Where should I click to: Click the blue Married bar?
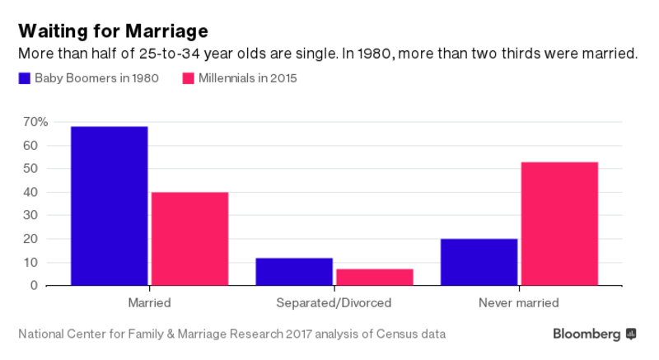click(110, 206)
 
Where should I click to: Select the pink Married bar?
click(189, 239)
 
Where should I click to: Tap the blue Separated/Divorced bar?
click(294, 272)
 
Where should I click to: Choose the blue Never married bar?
click(479, 262)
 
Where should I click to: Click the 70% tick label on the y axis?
click(35, 122)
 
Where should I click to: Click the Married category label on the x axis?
click(149, 303)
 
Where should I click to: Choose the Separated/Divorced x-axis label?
click(334, 303)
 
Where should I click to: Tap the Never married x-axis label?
click(518, 303)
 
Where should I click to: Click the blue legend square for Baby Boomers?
click(24, 79)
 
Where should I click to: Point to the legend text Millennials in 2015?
click(248, 79)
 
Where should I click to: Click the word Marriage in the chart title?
click(162, 31)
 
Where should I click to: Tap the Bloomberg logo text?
click(587, 334)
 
